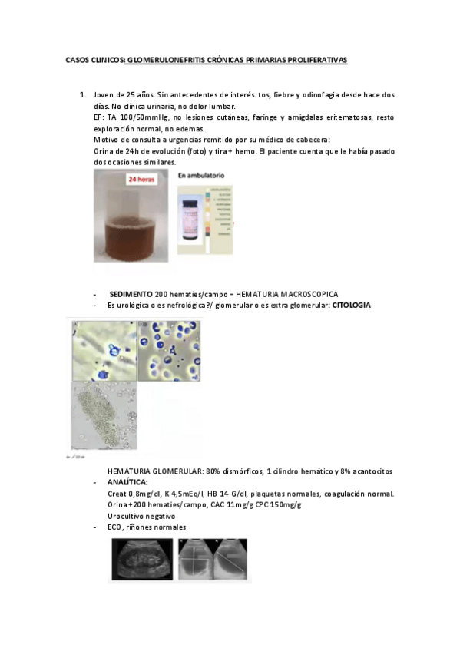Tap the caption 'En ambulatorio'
200,177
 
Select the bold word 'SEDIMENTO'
131,294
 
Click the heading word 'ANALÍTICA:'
127,482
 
